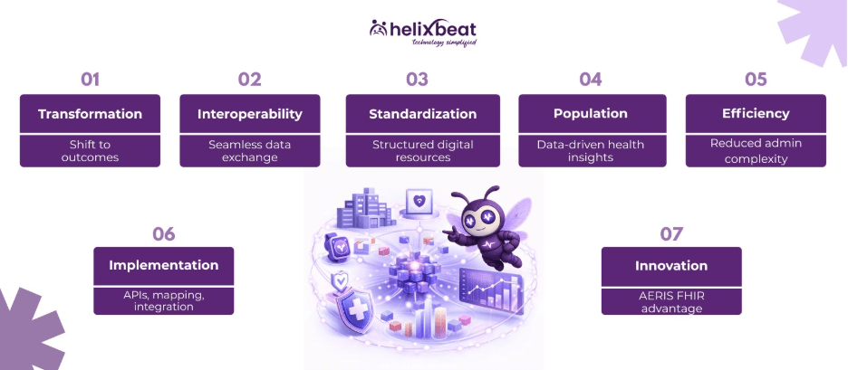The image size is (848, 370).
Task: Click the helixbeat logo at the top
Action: tap(423, 31)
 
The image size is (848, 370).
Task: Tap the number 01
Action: tap(90, 79)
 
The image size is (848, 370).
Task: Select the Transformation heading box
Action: tap(90, 115)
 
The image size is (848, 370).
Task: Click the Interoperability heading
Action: tap(249, 115)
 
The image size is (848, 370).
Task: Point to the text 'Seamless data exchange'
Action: tap(249, 151)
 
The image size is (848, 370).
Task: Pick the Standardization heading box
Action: tap(422, 115)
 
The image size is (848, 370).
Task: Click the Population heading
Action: tap(591, 115)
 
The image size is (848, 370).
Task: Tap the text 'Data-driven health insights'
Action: tap(591, 151)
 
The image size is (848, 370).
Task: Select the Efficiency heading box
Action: tap(756, 115)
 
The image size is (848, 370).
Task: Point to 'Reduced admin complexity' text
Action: tap(756, 151)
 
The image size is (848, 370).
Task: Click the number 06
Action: tap(163, 233)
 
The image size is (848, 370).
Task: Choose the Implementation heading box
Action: tap(163, 266)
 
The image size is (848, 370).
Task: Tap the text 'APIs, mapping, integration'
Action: tap(163, 300)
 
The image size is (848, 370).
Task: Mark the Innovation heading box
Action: tap(671, 266)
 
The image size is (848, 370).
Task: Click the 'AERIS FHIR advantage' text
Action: tap(671, 300)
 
